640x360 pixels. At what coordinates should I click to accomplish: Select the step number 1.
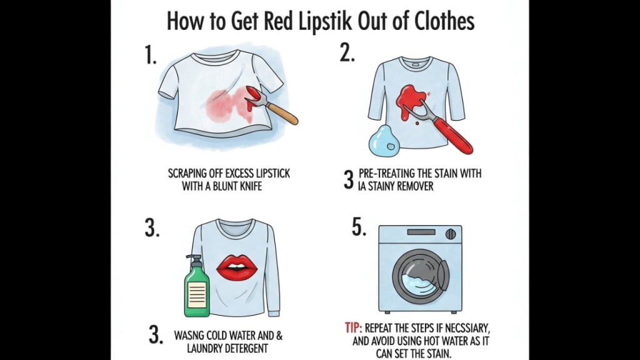point(151,55)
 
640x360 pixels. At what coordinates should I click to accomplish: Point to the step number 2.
point(347,53)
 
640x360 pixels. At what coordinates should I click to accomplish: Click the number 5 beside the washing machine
point(359,227)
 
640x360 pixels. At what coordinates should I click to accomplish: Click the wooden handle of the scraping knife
point(282,112)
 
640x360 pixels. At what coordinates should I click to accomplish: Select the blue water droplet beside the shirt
point(383,141)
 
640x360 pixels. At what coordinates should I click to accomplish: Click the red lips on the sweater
point(237,266)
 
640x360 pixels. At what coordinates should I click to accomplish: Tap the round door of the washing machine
point(421,276)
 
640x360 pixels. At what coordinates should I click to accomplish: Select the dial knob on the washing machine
point(451,234)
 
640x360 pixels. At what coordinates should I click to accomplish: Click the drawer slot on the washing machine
point(421,232)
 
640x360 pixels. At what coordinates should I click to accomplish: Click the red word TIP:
point(354,327)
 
